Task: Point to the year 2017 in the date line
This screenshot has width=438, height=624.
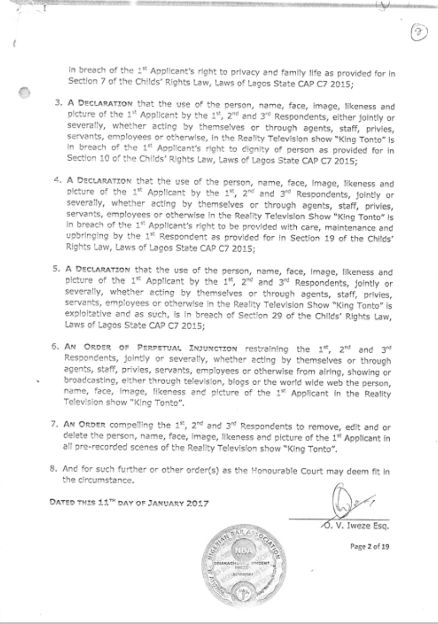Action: point(192,502)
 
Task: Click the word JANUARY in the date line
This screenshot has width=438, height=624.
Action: point(154,502)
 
